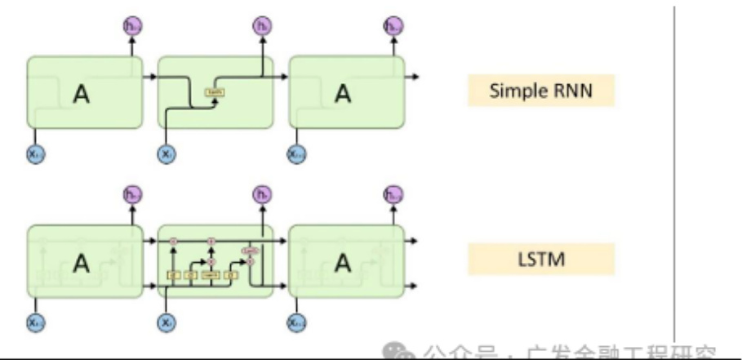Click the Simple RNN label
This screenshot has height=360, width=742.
coord(540,91)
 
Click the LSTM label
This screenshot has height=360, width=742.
coord(540,261)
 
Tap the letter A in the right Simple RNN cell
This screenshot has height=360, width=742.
coord(345,93)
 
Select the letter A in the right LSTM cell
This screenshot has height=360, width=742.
coord(345,263)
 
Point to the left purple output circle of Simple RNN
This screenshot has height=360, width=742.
coord(130,27)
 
